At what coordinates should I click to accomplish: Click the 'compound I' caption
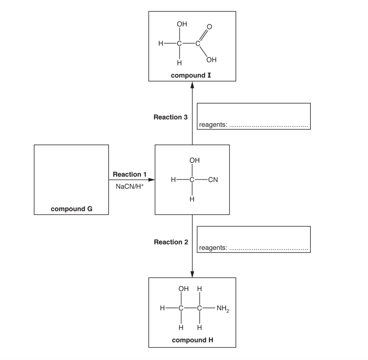tap(191, 75)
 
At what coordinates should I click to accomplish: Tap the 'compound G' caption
tap(71, 209)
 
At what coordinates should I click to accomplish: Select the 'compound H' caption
tap(192, 340)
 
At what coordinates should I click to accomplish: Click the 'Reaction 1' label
tap(130, 174)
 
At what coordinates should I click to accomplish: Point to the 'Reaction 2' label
tap(171, 242)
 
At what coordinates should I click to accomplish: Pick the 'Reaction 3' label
tap(171, 117)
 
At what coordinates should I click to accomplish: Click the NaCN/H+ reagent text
tap(130, 186)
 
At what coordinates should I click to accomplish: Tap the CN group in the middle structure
tap(213, 180)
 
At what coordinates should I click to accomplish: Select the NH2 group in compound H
tap(223, 308)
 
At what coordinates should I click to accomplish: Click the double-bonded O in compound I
tap(209, 27)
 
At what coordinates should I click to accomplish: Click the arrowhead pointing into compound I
tap(192, 85)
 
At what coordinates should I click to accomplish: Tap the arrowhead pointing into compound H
tap(192, 274)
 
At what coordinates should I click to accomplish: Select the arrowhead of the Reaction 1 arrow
tap(151, 180)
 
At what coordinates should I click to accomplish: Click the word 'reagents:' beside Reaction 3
tap(213, 125)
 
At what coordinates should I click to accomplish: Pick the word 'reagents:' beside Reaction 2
tap(213, 248)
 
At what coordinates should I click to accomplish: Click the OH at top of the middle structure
tap(194, 160)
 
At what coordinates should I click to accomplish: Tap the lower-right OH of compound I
tap(211, 60)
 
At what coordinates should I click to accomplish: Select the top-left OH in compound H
tap(183, 289)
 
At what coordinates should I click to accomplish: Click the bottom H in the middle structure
tap(192, 199)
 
